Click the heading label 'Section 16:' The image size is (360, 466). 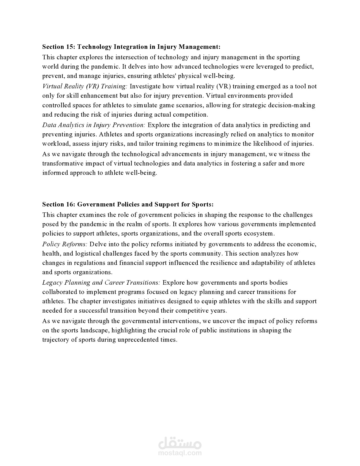[x=59, y=204]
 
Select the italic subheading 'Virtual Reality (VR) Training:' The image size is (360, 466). [x=85, y=86]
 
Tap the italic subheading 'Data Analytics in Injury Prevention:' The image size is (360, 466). [x=94, y=125]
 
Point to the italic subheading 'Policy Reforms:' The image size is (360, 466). [x=65, y=244]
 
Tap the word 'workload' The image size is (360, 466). [x=56, y=143]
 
